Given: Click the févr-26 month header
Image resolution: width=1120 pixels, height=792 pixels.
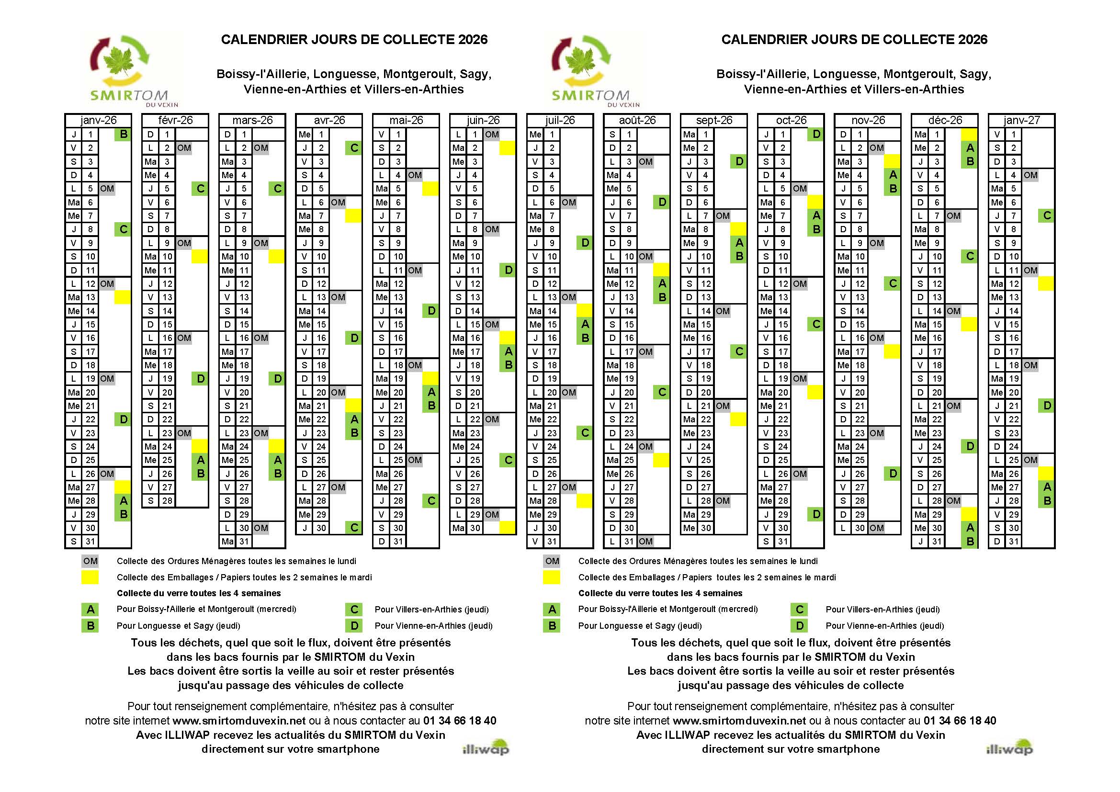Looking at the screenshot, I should (175, 121).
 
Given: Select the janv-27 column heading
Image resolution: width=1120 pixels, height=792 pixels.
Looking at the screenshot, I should (1021, 121).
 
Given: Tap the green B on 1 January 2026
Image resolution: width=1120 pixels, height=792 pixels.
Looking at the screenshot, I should (124, 134).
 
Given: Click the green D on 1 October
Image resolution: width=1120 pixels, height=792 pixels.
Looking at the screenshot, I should (816, 134).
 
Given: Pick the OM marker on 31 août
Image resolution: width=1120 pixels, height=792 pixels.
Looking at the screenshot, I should (645, 542).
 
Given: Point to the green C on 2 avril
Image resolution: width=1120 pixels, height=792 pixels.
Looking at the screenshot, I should (354, 148).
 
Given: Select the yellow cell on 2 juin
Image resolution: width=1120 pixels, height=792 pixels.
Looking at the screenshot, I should (507, 148).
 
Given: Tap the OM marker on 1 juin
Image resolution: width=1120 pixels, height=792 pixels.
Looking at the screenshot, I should (492, 134).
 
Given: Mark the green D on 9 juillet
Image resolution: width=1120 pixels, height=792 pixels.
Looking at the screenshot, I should (585, 243).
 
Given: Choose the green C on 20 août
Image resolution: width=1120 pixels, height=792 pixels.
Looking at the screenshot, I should (662, 392).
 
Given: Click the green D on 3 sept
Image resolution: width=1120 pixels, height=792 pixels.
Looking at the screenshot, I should (739, 161).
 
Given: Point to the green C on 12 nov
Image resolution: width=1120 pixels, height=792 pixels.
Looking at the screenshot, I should (893, 284).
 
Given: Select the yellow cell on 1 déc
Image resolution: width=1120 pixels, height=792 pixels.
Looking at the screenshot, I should (969, 134).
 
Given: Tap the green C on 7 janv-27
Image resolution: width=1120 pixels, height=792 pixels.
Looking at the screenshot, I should (1047, 215).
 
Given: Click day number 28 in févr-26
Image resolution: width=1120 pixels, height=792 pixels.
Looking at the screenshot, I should (167, 501).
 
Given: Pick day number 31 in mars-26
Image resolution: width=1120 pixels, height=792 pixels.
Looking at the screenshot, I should (244, 542).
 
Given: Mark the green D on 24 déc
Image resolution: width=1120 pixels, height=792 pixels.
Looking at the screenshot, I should (970, 446).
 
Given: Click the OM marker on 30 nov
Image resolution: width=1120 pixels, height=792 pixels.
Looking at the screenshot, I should (877, 528).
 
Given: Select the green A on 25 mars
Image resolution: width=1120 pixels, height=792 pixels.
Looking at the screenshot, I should (278, 460).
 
